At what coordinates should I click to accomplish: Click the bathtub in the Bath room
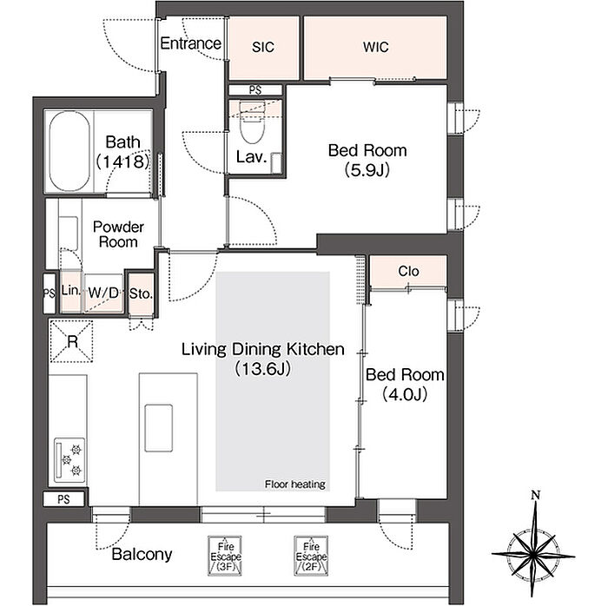point(69,151)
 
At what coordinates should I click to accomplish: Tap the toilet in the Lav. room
point(253,122)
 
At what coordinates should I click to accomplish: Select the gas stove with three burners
point(69,460)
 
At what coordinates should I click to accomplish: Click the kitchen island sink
point(159,428)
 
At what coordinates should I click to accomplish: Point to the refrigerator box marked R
point(72,342)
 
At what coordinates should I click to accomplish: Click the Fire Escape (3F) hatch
point(225,556)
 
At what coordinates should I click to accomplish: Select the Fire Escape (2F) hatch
point(311,556)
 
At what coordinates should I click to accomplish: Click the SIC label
point(263,47)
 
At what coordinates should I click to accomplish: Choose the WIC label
point(375,47)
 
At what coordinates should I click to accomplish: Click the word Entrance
point(190,43)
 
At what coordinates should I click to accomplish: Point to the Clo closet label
point(408,271)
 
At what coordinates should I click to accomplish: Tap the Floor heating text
point(295,484)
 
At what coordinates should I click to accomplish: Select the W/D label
point(103,293)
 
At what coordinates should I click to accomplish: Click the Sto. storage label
point(141,293)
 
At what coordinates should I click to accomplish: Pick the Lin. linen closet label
point(71,290)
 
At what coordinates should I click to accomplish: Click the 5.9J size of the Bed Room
point(367,169)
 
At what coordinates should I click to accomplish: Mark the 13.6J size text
point(263,368)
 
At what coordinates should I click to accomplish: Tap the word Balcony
point(142,555)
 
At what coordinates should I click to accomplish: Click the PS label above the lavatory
point(254,90)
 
